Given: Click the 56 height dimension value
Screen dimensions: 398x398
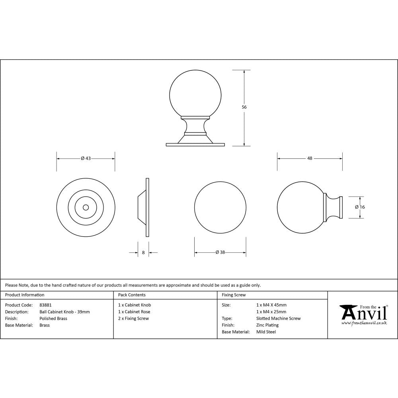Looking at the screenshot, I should coord(244,107).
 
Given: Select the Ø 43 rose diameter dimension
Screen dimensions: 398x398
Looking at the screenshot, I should coord(86,158).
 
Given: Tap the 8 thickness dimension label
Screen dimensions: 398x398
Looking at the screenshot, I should coord(143,252).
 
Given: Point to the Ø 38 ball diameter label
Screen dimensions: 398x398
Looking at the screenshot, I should coord(220,252).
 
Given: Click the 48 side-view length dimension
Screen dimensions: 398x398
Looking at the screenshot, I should coord(310,158).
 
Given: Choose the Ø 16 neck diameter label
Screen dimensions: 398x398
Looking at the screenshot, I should coord(360,207).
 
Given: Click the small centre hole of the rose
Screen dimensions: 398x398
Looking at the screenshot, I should coord(86,207).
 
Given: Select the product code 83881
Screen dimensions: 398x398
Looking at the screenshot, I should coord(46,305).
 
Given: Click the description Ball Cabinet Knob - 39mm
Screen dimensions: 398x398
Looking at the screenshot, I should coord(64,312).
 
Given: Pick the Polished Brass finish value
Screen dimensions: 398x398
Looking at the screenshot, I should coord(53,319).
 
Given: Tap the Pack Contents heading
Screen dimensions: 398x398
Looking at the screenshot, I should coord(132,295).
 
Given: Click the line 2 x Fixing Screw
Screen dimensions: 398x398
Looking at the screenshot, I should coord(133,318).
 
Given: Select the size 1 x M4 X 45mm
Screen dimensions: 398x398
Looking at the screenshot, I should coord(271,305).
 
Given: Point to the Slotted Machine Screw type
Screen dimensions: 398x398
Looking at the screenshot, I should coord(279,318).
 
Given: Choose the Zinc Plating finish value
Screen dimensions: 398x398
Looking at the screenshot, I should coord(267,325).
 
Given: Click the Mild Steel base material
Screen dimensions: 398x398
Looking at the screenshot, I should coord(266,332).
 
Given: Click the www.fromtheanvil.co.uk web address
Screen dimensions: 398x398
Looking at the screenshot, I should coord(364,323).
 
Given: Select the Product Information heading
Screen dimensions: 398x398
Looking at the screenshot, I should coord(25,295).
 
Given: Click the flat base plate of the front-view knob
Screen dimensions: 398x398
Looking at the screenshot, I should coord(195,144).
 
